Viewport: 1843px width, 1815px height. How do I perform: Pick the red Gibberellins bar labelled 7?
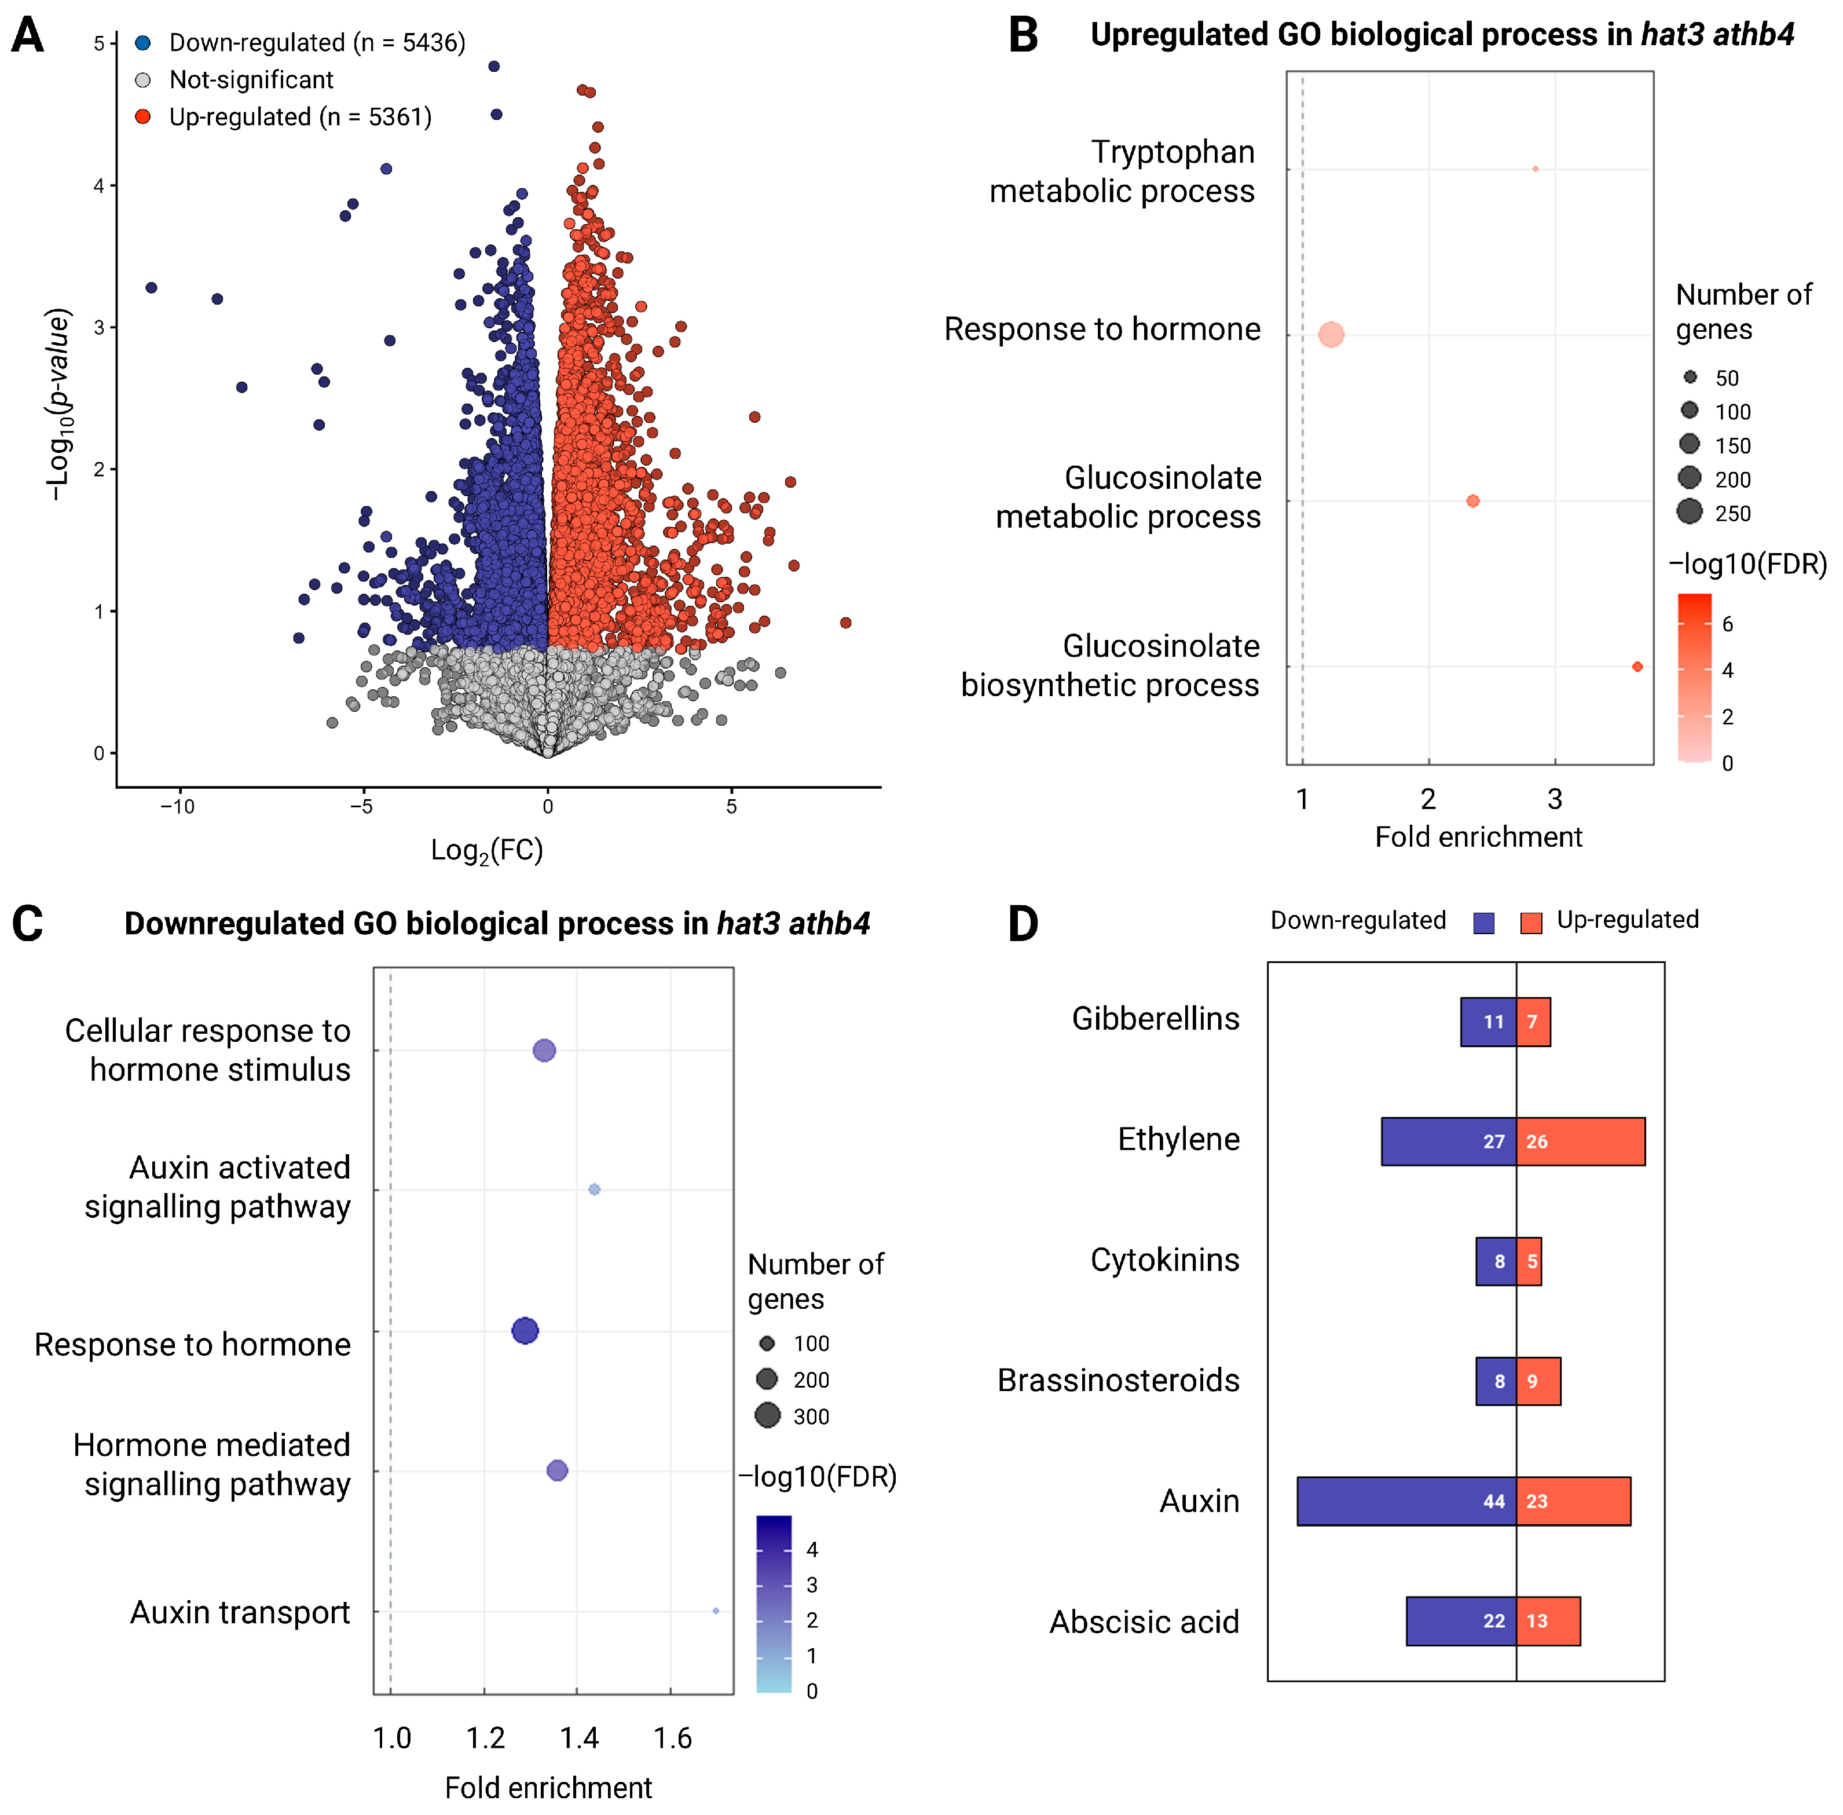coord(1532,1022)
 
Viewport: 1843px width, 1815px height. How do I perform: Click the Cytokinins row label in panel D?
coord(1164,1260)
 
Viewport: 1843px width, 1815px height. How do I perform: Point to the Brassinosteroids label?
coord(1118,1380)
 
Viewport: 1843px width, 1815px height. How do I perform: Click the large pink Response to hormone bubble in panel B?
coord(1331,335)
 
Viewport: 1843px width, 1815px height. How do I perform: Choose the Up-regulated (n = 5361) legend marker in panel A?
coord(143,116)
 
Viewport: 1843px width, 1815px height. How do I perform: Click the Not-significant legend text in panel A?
coord(251,79)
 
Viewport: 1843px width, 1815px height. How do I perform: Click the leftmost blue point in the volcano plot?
coord(151,287)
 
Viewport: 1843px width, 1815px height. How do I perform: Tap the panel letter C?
coord(28,923)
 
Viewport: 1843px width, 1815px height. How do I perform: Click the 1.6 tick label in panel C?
coord(672,1738)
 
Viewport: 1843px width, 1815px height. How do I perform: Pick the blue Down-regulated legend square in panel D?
coord(1483,922)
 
